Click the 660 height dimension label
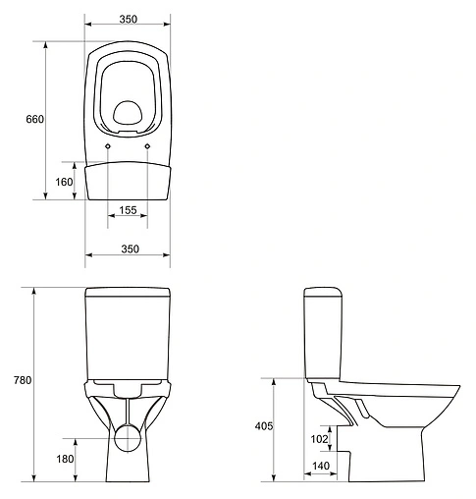[x=34, y=119]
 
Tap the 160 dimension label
[x=64, y=181]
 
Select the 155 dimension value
[x=128, y=210]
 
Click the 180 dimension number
[x=64, y=460]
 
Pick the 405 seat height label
[x=262, y=427]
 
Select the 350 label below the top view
[x=127, y=249]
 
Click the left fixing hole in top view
[x=107, y=147]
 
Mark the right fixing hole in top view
[x=147, y=147]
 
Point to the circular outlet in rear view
[x=127, y=437]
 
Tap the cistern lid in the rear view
[x=127, y=292]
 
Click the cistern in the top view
[x=127, y=181]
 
